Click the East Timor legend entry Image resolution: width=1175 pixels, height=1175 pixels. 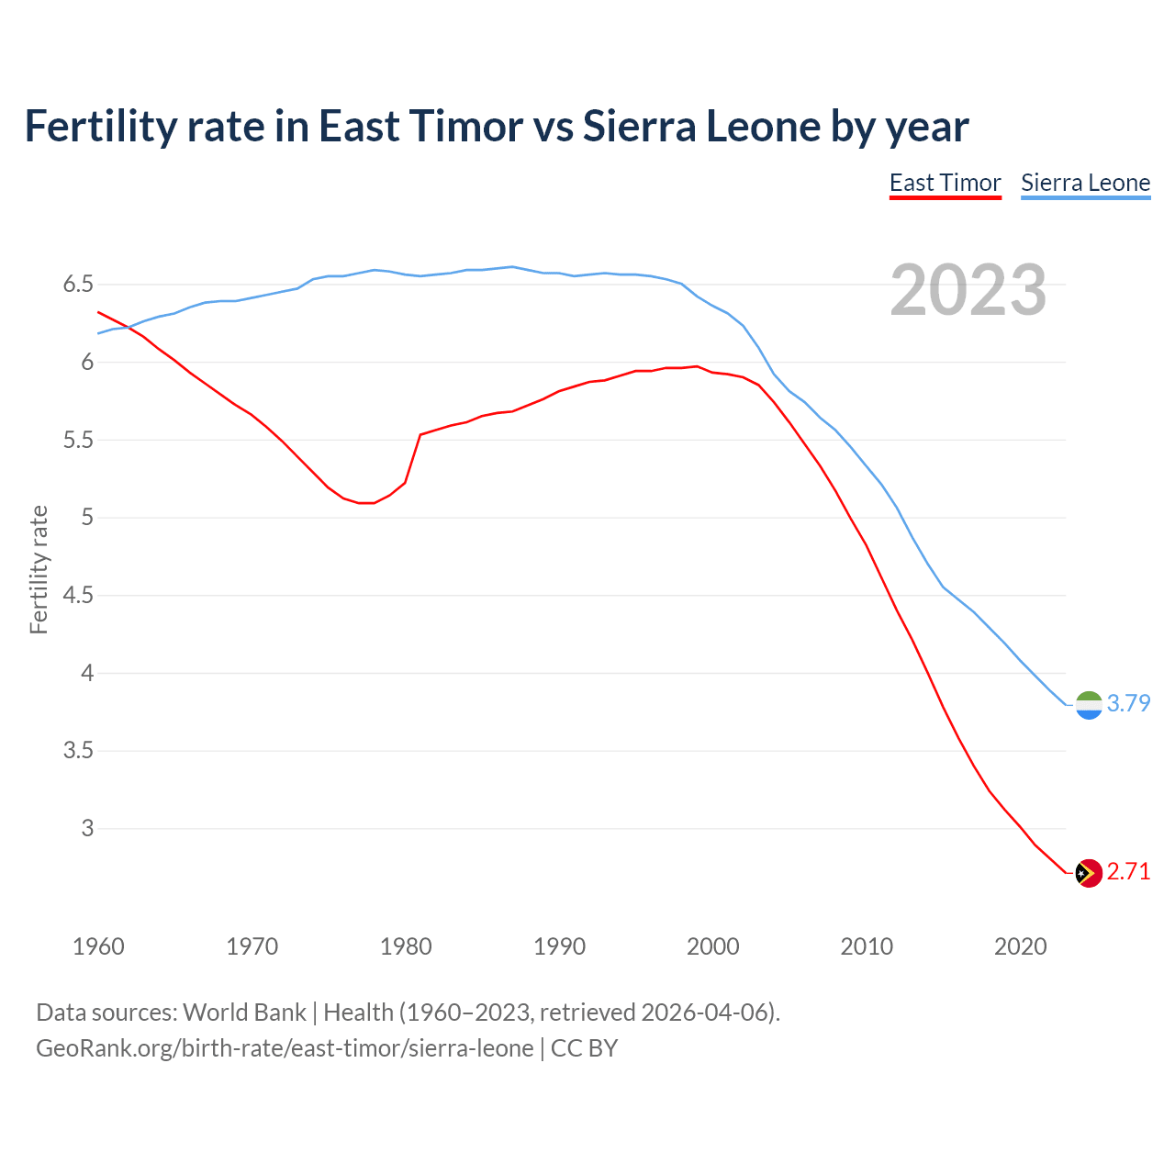coord(945,183)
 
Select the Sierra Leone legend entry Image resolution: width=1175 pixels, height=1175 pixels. coord(1085,183)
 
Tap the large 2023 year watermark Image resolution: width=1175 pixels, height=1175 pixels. coord(968,290)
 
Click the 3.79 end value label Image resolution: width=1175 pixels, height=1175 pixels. coord(1128,703)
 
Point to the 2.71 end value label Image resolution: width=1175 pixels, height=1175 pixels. coord(1128,871)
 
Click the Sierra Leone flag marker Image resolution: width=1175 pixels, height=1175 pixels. coord(1089,705)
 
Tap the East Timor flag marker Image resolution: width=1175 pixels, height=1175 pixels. coord(1089,873)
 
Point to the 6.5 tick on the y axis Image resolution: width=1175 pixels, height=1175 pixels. coord(78,285)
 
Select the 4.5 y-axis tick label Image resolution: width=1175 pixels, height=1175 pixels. coord(78,596)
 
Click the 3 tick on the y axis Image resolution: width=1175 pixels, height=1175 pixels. coord(87,828)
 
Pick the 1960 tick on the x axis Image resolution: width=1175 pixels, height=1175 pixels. coord(98,946)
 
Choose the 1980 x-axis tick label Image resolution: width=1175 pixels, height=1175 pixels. coord(406,946)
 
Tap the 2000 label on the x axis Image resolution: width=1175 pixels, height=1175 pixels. coord(713,946)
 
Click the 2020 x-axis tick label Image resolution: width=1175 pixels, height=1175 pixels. coord(1020,946)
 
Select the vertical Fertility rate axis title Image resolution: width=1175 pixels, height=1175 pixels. coord(39,569)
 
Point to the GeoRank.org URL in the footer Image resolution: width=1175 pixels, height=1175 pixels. coord(285,1048)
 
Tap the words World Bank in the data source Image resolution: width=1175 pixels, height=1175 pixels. coord(244,1013)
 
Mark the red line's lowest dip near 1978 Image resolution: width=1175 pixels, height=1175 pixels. coord(367,503)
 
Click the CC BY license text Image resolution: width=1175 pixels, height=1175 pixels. coord(584,1048)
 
